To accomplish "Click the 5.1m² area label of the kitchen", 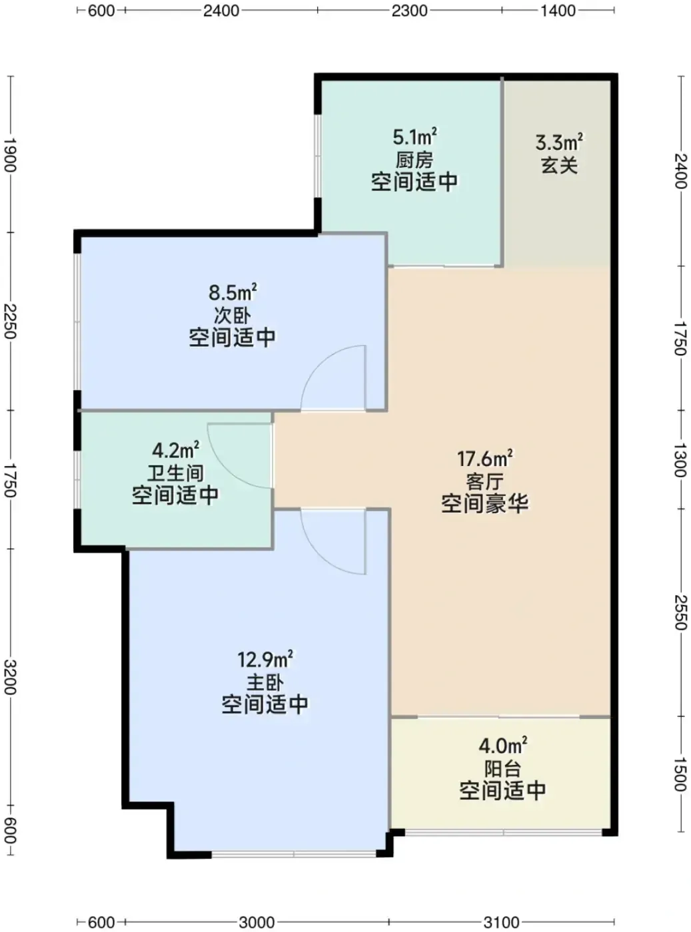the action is (x=414, y=137).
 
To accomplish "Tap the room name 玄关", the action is (x=559, y=165).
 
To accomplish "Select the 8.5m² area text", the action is (x=233, y=292).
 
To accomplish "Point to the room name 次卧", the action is (x=232, y=316).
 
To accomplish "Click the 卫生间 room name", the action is (x=175, y=473).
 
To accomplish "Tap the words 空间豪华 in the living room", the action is (x=485, y=503).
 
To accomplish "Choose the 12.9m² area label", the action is (x=265, y=659).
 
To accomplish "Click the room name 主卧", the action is (x=265, y=683).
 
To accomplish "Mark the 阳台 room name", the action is (x=502, y=770).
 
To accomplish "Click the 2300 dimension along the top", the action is (x=409, y=11).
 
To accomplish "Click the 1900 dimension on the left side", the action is (x=10, y=155).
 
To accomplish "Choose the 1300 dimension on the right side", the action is (x=680, y=460).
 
